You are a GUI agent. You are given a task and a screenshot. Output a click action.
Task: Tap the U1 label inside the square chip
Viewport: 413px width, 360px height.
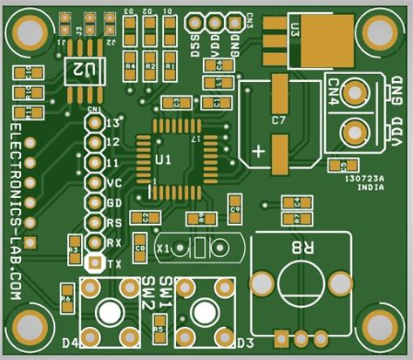[x=163, y=160]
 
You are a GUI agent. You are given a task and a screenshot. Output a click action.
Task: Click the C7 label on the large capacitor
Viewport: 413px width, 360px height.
[x=279, y=119]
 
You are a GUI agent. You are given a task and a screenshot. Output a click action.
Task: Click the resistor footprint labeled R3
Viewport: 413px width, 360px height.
[x=74, y=254]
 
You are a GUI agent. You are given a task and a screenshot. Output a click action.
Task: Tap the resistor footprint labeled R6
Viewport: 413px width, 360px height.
[x=66, y=301]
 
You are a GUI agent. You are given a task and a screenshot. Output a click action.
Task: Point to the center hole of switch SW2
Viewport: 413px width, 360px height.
[x=109, y=311]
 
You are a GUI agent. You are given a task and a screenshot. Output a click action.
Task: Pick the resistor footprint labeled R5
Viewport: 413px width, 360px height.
[x=158, y=327]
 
